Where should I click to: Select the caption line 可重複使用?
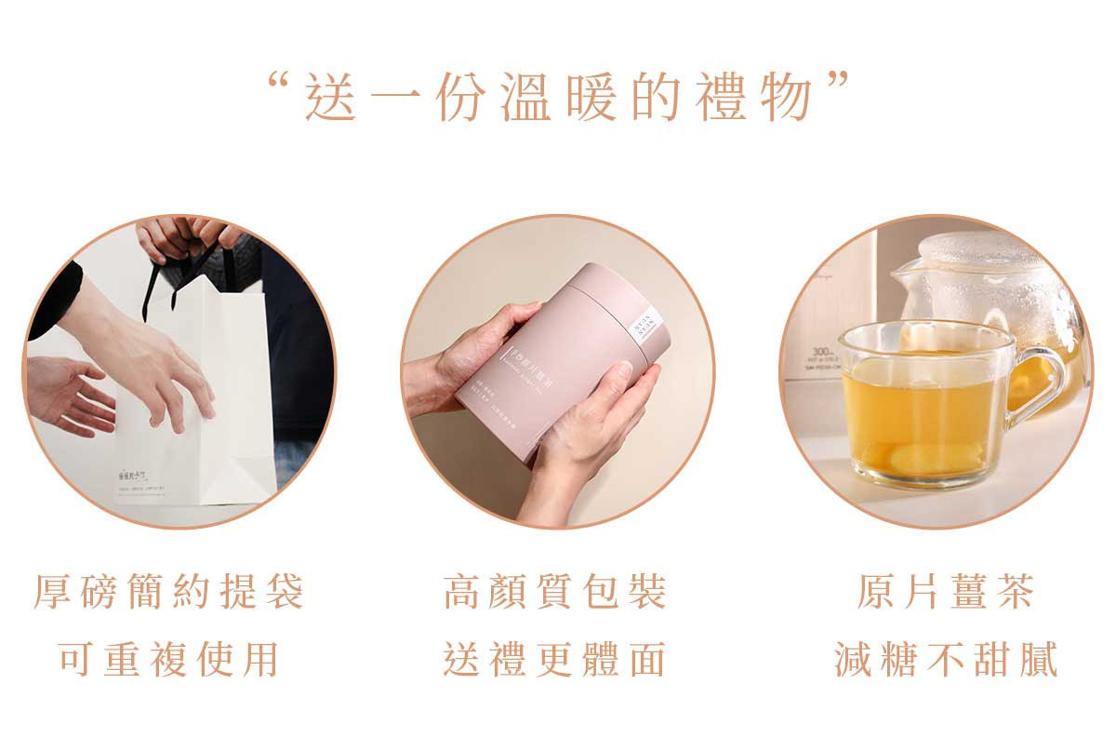click(x=169, y=659)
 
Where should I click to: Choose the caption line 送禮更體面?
click(x=555, y=659)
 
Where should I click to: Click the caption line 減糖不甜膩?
click(x=945, y=659)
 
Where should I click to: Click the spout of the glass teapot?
click(x=902, y=275)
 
